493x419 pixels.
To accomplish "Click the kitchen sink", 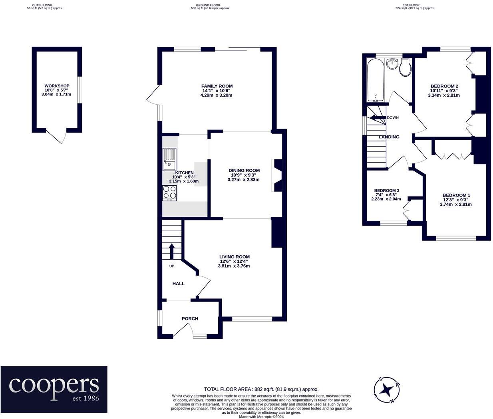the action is click(169, 159).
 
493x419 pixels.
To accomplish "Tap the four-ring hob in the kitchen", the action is click(169, 193).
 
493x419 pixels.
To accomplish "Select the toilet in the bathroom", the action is click(406, 68).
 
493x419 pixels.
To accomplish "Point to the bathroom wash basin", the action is click(392, 64).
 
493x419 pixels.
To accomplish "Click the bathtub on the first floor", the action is click(376, 80).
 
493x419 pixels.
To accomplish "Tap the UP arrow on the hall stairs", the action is click(171, 251).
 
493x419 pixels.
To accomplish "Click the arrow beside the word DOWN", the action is click(378, 117).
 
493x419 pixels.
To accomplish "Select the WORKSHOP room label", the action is click(57, 86).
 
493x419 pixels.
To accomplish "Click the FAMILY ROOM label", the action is click(217, 86).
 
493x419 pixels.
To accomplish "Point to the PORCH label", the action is click(190, 319).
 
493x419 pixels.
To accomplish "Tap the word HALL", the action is click(179, 284).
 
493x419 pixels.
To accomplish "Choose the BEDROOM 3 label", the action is click(387, 191).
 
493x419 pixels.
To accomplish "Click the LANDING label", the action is click(389, 137).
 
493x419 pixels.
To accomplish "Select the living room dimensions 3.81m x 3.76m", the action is click(234, 266).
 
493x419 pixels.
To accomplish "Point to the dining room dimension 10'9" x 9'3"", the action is click(244, 175).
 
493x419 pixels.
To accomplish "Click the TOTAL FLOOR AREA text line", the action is click(261, 389).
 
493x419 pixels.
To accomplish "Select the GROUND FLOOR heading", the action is click(208, 5).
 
